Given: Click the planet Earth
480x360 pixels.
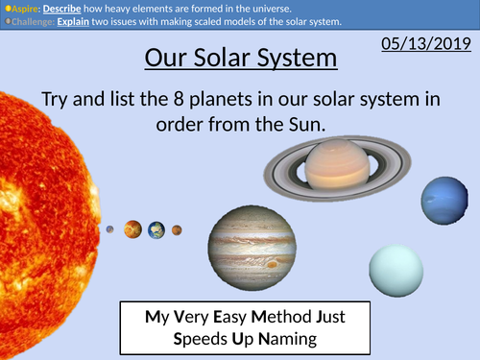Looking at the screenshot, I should (x=156, y=229).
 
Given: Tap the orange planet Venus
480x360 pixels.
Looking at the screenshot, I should (x=132, y=229).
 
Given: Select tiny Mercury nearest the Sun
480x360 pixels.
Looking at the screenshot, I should (x=110, y=229).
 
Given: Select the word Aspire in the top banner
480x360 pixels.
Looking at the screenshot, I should (x=22, y=7).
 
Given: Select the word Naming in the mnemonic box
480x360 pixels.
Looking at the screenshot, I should (x=287, y=339).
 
